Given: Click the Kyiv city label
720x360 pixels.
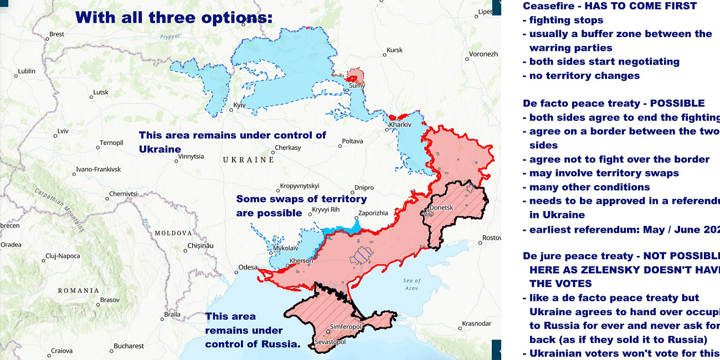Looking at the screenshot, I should (239, 105).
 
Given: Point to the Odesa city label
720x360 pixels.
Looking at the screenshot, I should (248, 268).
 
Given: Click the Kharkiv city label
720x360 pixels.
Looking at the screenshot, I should (400, 125).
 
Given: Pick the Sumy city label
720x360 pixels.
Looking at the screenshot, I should (356, 85).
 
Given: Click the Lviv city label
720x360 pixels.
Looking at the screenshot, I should (63, 131).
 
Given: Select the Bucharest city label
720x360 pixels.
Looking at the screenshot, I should (128, 346).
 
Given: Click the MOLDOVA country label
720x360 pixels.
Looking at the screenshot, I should (173, 233).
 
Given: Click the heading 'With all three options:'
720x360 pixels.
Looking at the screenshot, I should (174, 18).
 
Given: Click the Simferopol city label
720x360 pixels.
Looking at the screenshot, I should (346, 327).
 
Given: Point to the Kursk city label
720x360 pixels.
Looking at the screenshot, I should (394, 50).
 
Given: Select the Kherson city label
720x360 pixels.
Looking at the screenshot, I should (301, 261).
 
